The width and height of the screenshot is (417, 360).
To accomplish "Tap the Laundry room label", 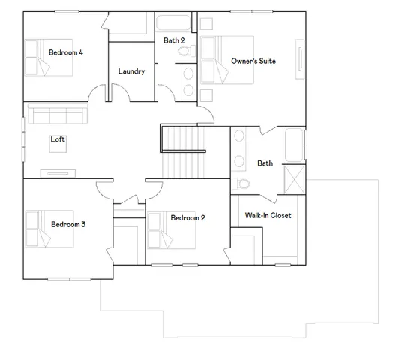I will pos(131,71).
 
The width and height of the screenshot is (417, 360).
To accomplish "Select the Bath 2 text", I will pos(175,40).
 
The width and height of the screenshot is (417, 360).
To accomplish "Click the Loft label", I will pos(58,139).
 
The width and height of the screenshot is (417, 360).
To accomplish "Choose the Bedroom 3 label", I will pos(67,223).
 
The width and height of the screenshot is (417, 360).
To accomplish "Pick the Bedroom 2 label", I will pos(187,218).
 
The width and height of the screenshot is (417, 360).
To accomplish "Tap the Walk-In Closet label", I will pos(268,216).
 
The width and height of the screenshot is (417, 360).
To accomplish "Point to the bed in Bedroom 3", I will pos(46,229).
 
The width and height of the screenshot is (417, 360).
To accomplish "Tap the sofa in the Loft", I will pos(56,115).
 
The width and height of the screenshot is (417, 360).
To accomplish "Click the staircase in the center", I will pos(183,151).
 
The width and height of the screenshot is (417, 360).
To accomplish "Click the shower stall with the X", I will pos(294,180).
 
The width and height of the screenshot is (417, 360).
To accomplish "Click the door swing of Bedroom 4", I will pos(97,94).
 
